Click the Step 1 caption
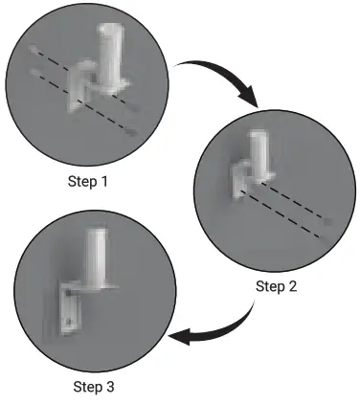pyautogui.click(x=87, y=182)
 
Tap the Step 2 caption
pyautogui.click(x=277, y=285)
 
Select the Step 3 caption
pyautogui.click(x=95, y=387)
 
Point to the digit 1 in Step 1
pyautogui.click(x=103, y=182)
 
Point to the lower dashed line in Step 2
pyautogui.click(x=287, y=220)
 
